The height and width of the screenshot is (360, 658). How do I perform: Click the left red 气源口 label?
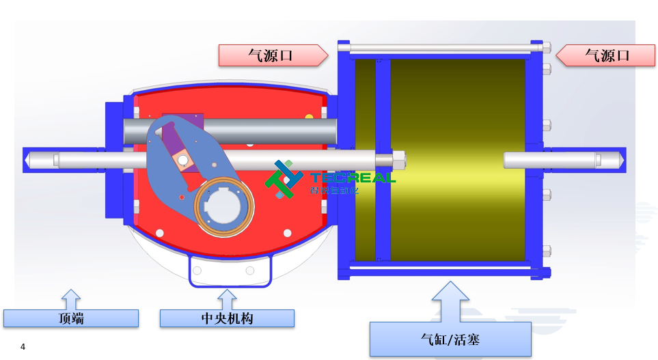pos(271,55)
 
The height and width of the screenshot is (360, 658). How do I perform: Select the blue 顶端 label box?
pos(71,318)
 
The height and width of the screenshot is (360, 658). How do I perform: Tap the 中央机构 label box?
pos(227,318)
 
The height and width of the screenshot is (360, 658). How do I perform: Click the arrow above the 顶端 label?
pos(71,299)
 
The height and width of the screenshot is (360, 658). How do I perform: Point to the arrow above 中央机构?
pos(227,299)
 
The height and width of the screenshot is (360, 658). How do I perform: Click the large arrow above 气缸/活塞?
pos(450,301)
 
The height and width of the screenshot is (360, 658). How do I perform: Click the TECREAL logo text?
pos(353,178)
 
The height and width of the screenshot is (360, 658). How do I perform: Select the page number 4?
pos(23,347)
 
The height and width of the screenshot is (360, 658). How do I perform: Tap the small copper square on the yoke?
pos(182,160)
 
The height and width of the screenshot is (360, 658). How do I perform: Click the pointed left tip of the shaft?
pos(27,160)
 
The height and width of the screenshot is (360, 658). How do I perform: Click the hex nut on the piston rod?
pos(398,160)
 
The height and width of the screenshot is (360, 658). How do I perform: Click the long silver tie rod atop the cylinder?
pos(441,48)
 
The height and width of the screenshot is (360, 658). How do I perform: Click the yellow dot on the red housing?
pos(309,117)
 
